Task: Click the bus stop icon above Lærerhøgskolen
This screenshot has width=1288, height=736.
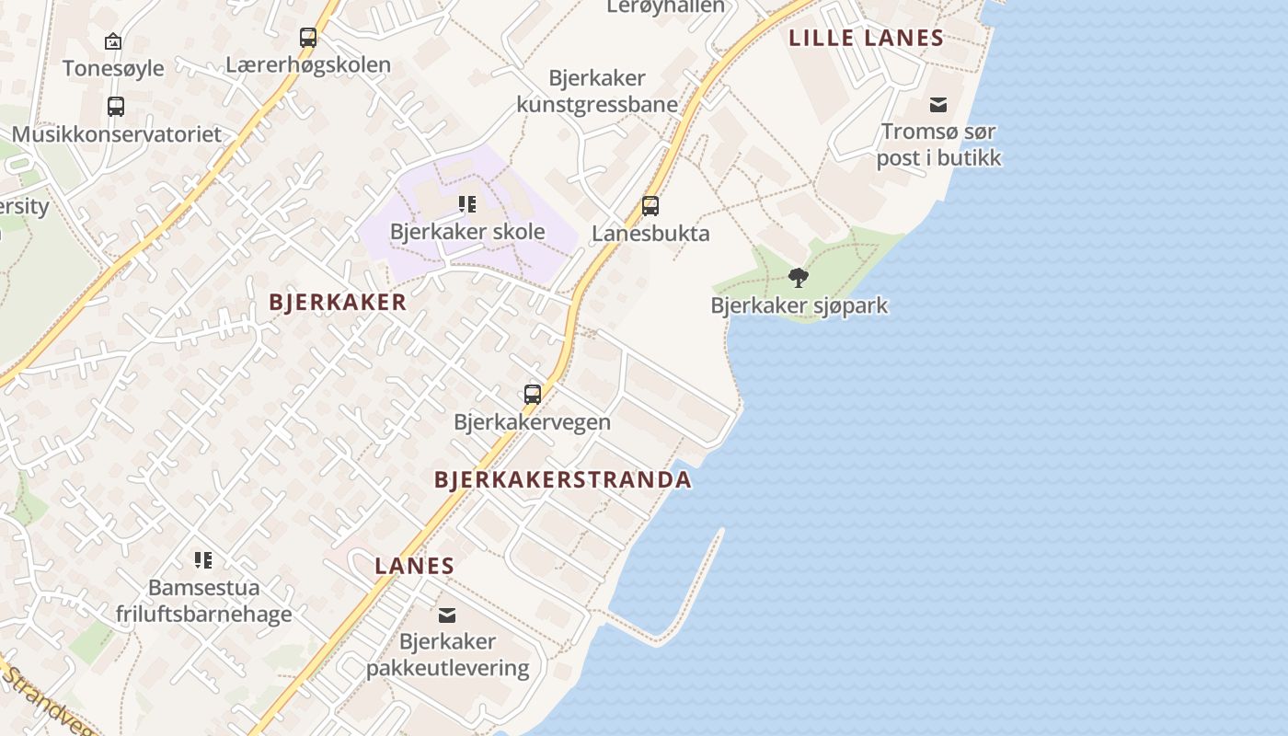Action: [308, 38]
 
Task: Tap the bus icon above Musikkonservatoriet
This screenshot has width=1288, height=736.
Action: [116, 107]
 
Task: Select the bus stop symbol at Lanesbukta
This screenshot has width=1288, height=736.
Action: [650, 206]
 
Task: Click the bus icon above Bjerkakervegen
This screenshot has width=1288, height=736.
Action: [533, 395]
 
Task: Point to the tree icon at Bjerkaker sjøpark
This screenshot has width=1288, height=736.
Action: [799, 277]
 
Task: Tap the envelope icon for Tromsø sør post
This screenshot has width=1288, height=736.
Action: [938, 105]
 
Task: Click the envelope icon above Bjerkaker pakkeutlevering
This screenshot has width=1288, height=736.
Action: [447, 615]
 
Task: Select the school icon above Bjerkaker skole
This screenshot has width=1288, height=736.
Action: [467, 204]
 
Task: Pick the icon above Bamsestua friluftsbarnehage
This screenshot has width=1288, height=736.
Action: [203, 559]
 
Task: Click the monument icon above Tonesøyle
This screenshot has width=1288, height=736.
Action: [113, 41]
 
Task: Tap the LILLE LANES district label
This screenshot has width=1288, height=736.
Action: [867, 38]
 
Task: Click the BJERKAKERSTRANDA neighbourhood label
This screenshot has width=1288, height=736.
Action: [562, 479]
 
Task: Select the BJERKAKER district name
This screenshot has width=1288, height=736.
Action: [338, 302]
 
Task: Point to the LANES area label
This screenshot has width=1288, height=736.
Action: [415, 566]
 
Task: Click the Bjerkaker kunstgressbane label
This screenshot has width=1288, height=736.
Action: [597, 91]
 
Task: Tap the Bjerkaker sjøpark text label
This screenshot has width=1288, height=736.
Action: [799, 305]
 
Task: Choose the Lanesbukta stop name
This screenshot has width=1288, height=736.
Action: [650, 234]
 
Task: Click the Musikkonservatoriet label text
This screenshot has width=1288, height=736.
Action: [117, 134]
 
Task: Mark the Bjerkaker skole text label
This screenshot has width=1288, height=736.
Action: [467, 232]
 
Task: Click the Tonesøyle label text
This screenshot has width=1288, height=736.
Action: [113, 68]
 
